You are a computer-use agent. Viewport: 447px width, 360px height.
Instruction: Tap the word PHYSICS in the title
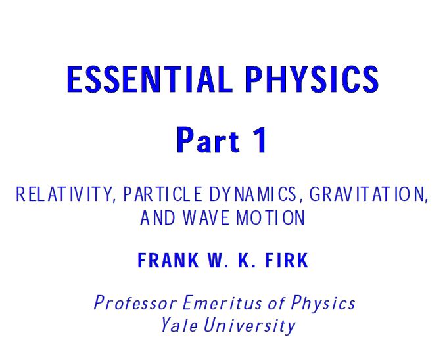click(x=312, y=80)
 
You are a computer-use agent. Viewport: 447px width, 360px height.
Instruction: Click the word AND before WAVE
click(x=156, y=218)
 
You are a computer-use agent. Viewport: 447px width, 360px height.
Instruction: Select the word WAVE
click(x=204, y=218)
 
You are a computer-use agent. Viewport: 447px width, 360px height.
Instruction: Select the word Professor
click(x=135, y=304)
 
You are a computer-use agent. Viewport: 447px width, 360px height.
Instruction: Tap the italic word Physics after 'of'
click(x=323, y=304)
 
